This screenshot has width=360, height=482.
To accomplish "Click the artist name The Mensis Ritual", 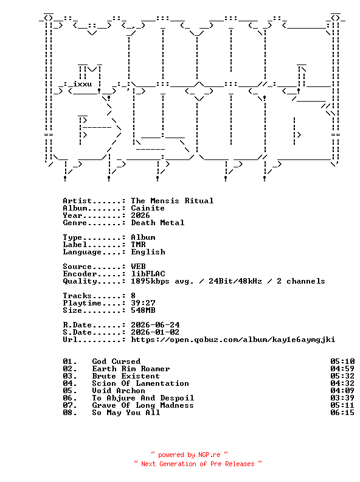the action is tap(172, 201).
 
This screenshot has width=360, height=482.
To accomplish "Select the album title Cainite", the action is tap(148, 208).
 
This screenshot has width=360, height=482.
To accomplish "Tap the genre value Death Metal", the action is tap(157, 223).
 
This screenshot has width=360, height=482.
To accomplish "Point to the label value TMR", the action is tap(138, 245).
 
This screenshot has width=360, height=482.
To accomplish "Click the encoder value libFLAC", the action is tap(148, 274).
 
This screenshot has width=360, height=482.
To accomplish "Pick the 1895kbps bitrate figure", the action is tap(150, 281).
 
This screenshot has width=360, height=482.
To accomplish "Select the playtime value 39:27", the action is tap(143, 303).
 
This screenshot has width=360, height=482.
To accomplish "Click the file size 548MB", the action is tap(143, 310).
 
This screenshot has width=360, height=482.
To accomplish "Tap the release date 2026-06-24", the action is tap(155, 325).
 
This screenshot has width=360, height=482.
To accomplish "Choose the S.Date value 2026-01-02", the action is tap(155, 332).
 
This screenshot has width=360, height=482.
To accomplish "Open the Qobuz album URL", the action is tap(233, 340).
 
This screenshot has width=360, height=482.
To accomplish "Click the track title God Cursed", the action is tap(116, 361).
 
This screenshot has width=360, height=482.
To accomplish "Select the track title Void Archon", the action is tap(119, 391).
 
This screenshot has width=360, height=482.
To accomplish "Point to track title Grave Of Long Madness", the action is tap(143, 405).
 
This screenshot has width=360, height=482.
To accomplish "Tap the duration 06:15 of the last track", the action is tap(342, 413).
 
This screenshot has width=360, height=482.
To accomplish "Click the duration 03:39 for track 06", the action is tap(342, 398).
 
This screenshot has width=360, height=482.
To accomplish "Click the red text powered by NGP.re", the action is tap(189, 455).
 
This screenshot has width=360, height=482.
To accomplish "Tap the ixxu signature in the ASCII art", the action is tap(83, 84).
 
